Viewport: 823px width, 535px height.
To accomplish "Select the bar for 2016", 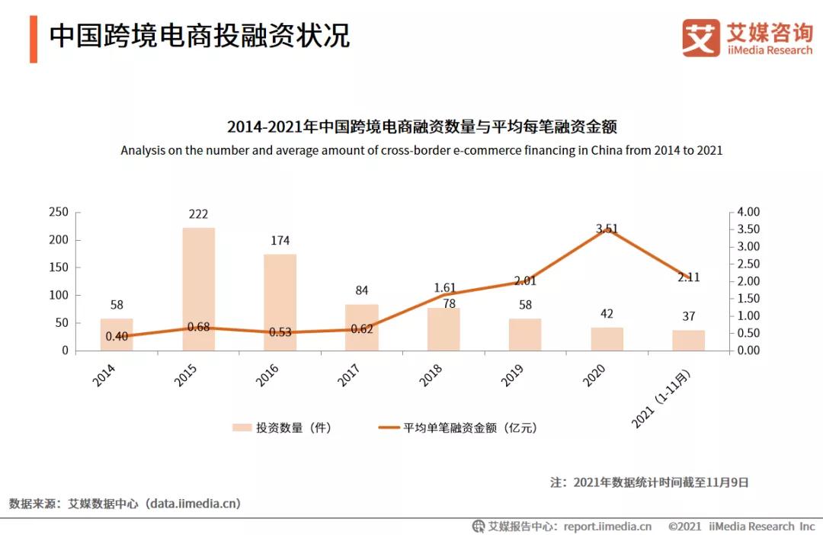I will (280, 302).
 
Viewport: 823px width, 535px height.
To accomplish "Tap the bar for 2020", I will (607, 339).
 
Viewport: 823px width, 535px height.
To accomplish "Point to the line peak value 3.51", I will (607, 228).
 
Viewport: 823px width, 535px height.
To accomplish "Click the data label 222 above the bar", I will (198, 214).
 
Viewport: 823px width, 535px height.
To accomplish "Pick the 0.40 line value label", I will (116, 337).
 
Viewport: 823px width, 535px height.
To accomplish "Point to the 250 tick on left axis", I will (58, 212).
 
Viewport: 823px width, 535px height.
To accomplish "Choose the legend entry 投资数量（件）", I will (282, 428).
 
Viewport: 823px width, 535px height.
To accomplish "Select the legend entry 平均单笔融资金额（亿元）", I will (457, 428).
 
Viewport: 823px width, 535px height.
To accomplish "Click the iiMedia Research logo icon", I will (700, 37).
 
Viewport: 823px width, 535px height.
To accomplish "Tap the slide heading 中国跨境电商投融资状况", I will (200, 36).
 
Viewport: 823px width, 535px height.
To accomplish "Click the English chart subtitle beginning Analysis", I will (421, 150).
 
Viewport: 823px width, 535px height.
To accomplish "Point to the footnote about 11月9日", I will (649, 482).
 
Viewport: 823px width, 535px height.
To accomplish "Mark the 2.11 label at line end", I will (689, 277).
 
